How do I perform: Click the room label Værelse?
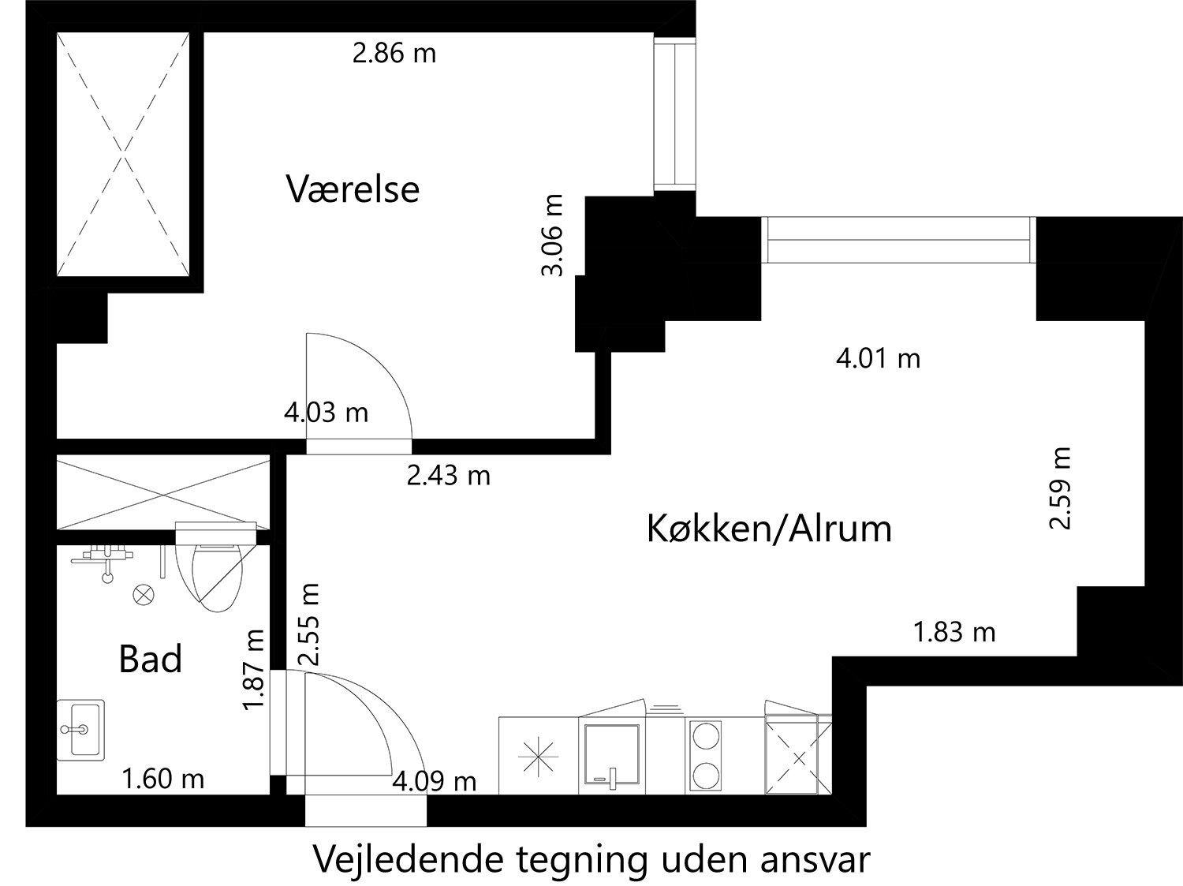(353, 189)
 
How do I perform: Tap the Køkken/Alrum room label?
(769, 528)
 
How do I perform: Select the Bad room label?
(150, 659)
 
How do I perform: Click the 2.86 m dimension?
(394, 54)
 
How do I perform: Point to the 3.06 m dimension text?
(553, 235)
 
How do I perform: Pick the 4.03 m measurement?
(326, 412)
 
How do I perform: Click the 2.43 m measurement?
(448, 475)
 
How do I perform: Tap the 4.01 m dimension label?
(878, 359)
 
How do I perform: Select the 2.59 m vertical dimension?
(1060, 488)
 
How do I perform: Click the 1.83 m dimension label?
(953, 632)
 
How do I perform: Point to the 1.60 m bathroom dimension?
(162, 779)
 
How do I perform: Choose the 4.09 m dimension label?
(435, 781)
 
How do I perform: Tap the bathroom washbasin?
(80, 730)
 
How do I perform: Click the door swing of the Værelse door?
(363, 387)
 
